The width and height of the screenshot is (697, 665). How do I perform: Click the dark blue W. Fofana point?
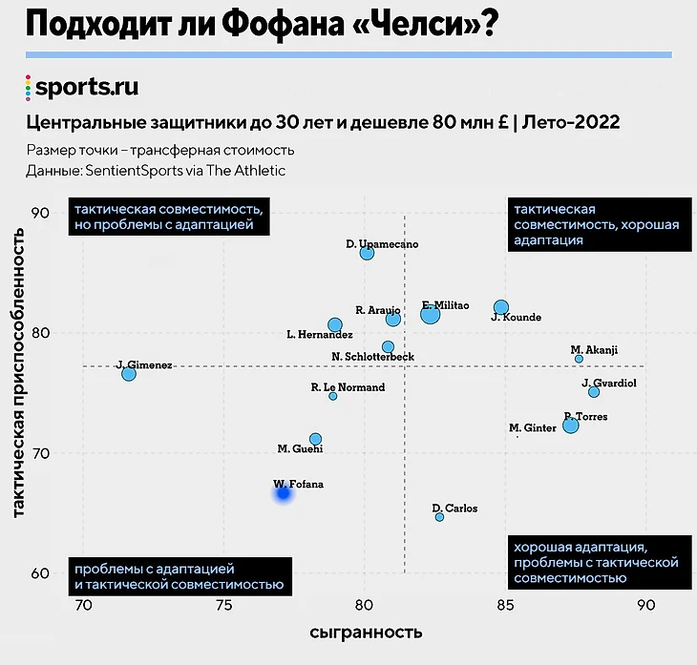pos(284,492)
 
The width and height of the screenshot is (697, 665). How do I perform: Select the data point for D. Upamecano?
pos(367,253)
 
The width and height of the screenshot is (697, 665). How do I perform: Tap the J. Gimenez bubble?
pos(129,374)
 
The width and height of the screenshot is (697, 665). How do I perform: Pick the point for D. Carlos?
pos(439,517)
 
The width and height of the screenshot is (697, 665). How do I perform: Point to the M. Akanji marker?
pos(579,359)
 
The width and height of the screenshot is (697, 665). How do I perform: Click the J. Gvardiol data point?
pos(594,392)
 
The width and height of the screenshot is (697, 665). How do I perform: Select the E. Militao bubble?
pos(430,314)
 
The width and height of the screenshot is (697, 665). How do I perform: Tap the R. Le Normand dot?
pos(332,396)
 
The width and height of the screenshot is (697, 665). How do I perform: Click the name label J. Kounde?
pos(517,318)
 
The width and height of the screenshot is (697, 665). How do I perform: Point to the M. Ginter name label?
pos(533,428)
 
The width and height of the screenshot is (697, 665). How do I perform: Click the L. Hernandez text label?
pos(320,335)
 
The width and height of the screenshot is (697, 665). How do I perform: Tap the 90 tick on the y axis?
pos(41,213)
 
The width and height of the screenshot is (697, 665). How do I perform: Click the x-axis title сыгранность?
pos(365,633)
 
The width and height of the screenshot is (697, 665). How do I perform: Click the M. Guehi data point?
pos(315,439)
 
